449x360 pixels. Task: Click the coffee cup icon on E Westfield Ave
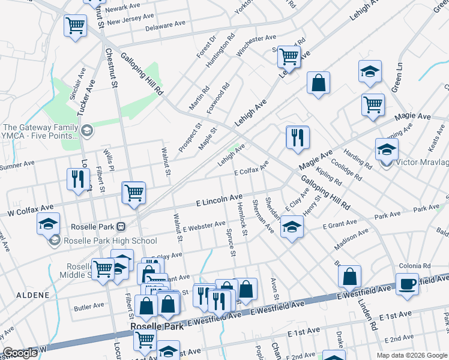(407, 283)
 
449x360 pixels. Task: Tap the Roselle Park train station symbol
(121, 227)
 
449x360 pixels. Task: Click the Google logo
(20, 353)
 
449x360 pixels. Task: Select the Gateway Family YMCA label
(40, 131)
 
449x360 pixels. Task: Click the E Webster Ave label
(205, 227)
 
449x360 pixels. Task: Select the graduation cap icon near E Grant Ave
(292, 227)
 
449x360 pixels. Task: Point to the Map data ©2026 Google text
(411, 355)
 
